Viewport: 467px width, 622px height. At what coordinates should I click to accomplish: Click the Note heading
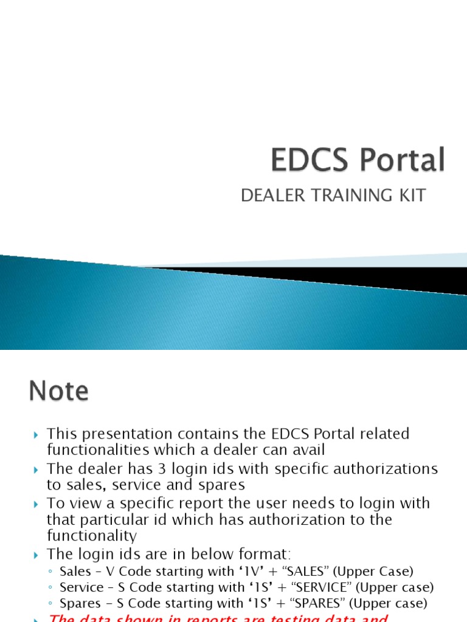click(58, 391)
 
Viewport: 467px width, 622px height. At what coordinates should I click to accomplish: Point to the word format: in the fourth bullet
click(261, 554)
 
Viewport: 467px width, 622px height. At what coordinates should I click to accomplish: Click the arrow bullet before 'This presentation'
click(36, 434)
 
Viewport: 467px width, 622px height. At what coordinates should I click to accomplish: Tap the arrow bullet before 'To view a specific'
click(36, 504)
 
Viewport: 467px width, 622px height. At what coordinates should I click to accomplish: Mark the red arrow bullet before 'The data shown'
click(36, 618)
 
